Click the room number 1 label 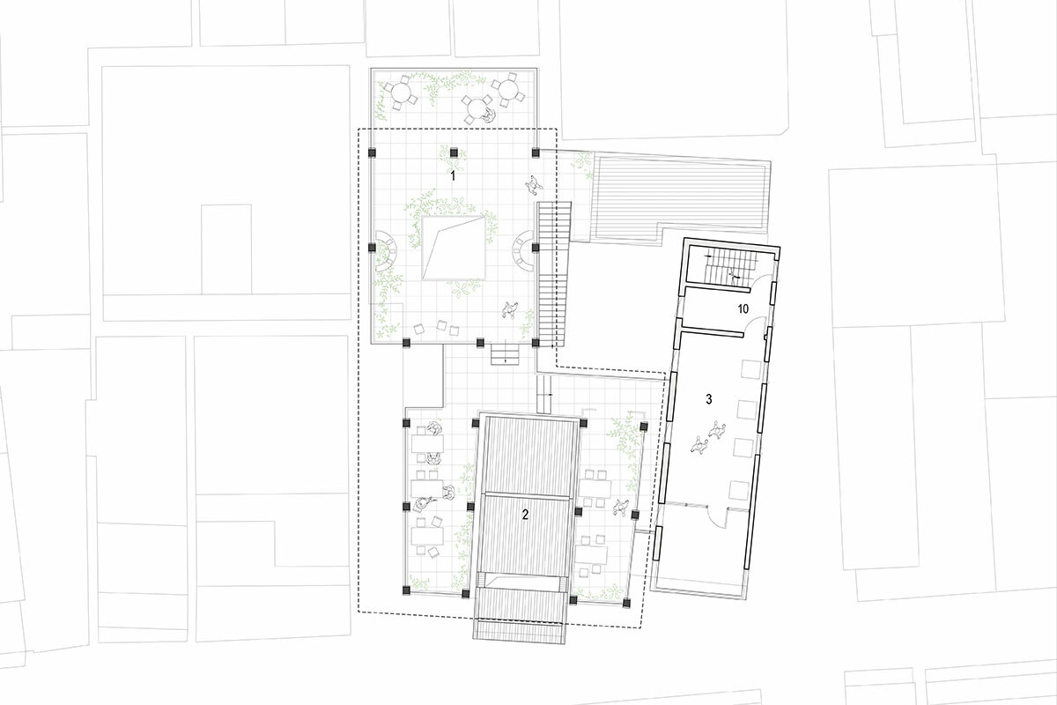453,176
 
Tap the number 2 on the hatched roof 525,516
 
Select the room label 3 709,399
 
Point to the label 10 743,309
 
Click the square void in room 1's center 454,249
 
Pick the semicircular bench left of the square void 387,251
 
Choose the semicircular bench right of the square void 523,251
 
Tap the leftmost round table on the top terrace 401,91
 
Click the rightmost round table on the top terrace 508,90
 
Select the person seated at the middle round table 490,115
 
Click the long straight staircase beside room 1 555,274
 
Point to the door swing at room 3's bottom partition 717,517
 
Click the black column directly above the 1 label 454,152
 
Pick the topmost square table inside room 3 750,368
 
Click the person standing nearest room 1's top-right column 533,185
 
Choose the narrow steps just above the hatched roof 545,393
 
